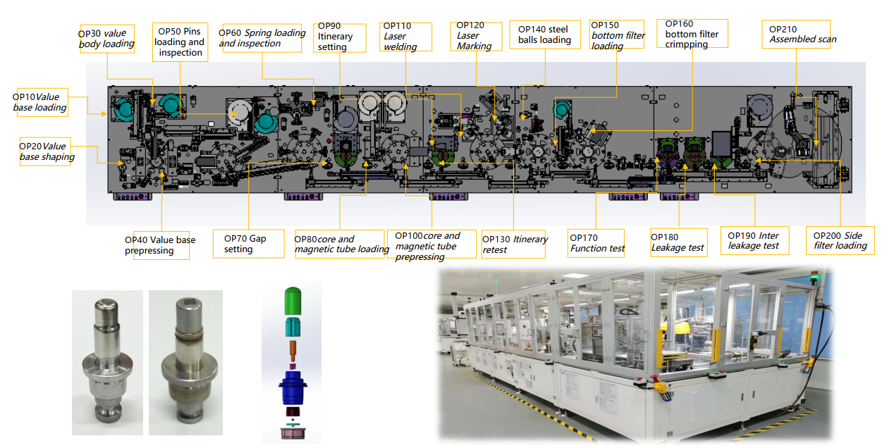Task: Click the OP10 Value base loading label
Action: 42,102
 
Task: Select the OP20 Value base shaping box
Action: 45,151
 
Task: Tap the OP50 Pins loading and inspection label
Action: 180,42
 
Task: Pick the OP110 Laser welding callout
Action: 405,37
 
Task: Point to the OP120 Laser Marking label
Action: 476,36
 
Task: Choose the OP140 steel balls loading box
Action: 545,35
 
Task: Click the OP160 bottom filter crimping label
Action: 692,34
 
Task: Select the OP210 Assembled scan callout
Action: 796,35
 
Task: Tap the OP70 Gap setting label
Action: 248,244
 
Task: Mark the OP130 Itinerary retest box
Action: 513,244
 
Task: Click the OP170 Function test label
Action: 596,243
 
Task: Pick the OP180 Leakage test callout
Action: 678,242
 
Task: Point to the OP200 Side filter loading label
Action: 840,240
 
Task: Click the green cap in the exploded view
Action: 293,301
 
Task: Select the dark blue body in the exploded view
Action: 293,388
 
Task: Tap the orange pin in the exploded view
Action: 293,351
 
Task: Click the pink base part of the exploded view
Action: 293,433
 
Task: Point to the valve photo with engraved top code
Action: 185,362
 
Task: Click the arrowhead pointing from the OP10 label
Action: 104,114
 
